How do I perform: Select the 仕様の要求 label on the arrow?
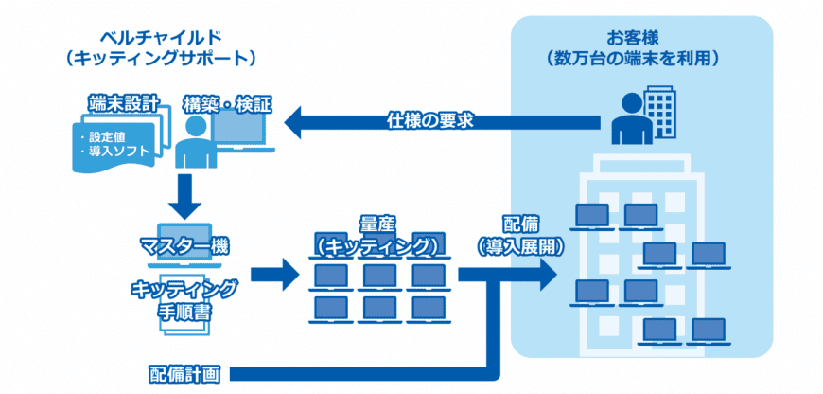pos(429,120)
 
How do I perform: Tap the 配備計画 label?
pos(184,372)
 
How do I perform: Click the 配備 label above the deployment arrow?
pos(517,224)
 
